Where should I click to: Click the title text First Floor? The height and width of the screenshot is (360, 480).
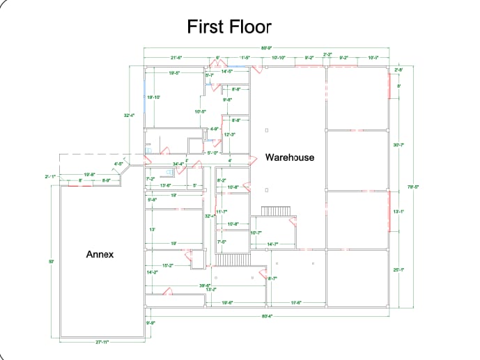(x=229, y=27)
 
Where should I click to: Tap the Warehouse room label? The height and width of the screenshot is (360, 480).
(x=289, y=157)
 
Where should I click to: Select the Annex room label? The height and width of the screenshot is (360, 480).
(x=100, y=254)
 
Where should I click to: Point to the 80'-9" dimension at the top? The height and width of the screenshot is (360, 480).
(x=267, y=48)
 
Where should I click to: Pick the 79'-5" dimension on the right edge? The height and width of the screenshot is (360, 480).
(x=412, y=186)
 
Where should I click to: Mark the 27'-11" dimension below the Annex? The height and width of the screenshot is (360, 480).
(x=102, y=342)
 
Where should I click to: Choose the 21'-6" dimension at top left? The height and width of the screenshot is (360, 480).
(x=176, y=58)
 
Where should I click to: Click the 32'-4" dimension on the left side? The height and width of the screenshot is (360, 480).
(x=129, y=116)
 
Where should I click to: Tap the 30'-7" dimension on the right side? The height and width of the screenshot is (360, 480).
(x=398, y=145)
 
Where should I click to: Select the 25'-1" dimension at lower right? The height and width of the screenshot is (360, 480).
(x=398, y=269)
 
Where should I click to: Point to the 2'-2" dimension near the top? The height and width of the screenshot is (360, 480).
(x=327, y=54)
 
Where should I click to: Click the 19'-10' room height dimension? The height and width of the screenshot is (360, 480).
(x=154, y=97)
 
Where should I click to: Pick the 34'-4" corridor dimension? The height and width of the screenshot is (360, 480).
(x=178, y=164)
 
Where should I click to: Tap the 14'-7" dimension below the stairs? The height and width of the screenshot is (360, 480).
(x=273, y=244)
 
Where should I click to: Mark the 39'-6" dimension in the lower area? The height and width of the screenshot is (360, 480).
(x=205, y=285)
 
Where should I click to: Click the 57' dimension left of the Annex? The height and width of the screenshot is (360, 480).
(x=52, y=261)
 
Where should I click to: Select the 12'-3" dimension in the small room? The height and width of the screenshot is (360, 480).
(x=229, y=134)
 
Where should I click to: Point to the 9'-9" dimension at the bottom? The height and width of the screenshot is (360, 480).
(x=150, y=323)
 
